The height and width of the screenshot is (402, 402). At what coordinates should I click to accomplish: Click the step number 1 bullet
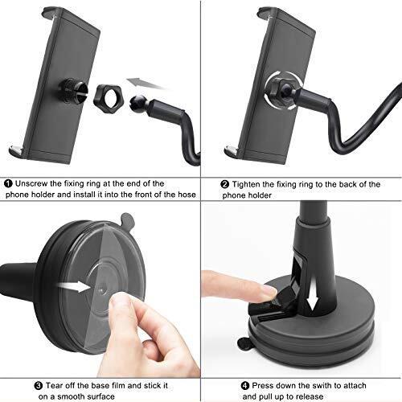click(9, 184)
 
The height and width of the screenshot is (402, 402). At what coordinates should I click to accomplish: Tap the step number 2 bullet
click(224, 184)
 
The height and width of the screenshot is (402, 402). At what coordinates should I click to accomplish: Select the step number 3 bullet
click(39, 386)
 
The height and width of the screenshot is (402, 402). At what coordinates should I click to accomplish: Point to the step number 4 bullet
click(245, 386)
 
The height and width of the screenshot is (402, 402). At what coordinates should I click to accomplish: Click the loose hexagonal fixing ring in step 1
click(108, 96)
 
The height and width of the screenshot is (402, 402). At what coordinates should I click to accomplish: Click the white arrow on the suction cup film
click(75, 287)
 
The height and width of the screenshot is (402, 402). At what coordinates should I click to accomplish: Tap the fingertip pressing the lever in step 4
click(269, 292)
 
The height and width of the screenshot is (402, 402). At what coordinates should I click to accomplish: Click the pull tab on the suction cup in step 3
click(127, 220)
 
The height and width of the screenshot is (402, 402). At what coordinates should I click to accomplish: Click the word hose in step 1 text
click(187, 195)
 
